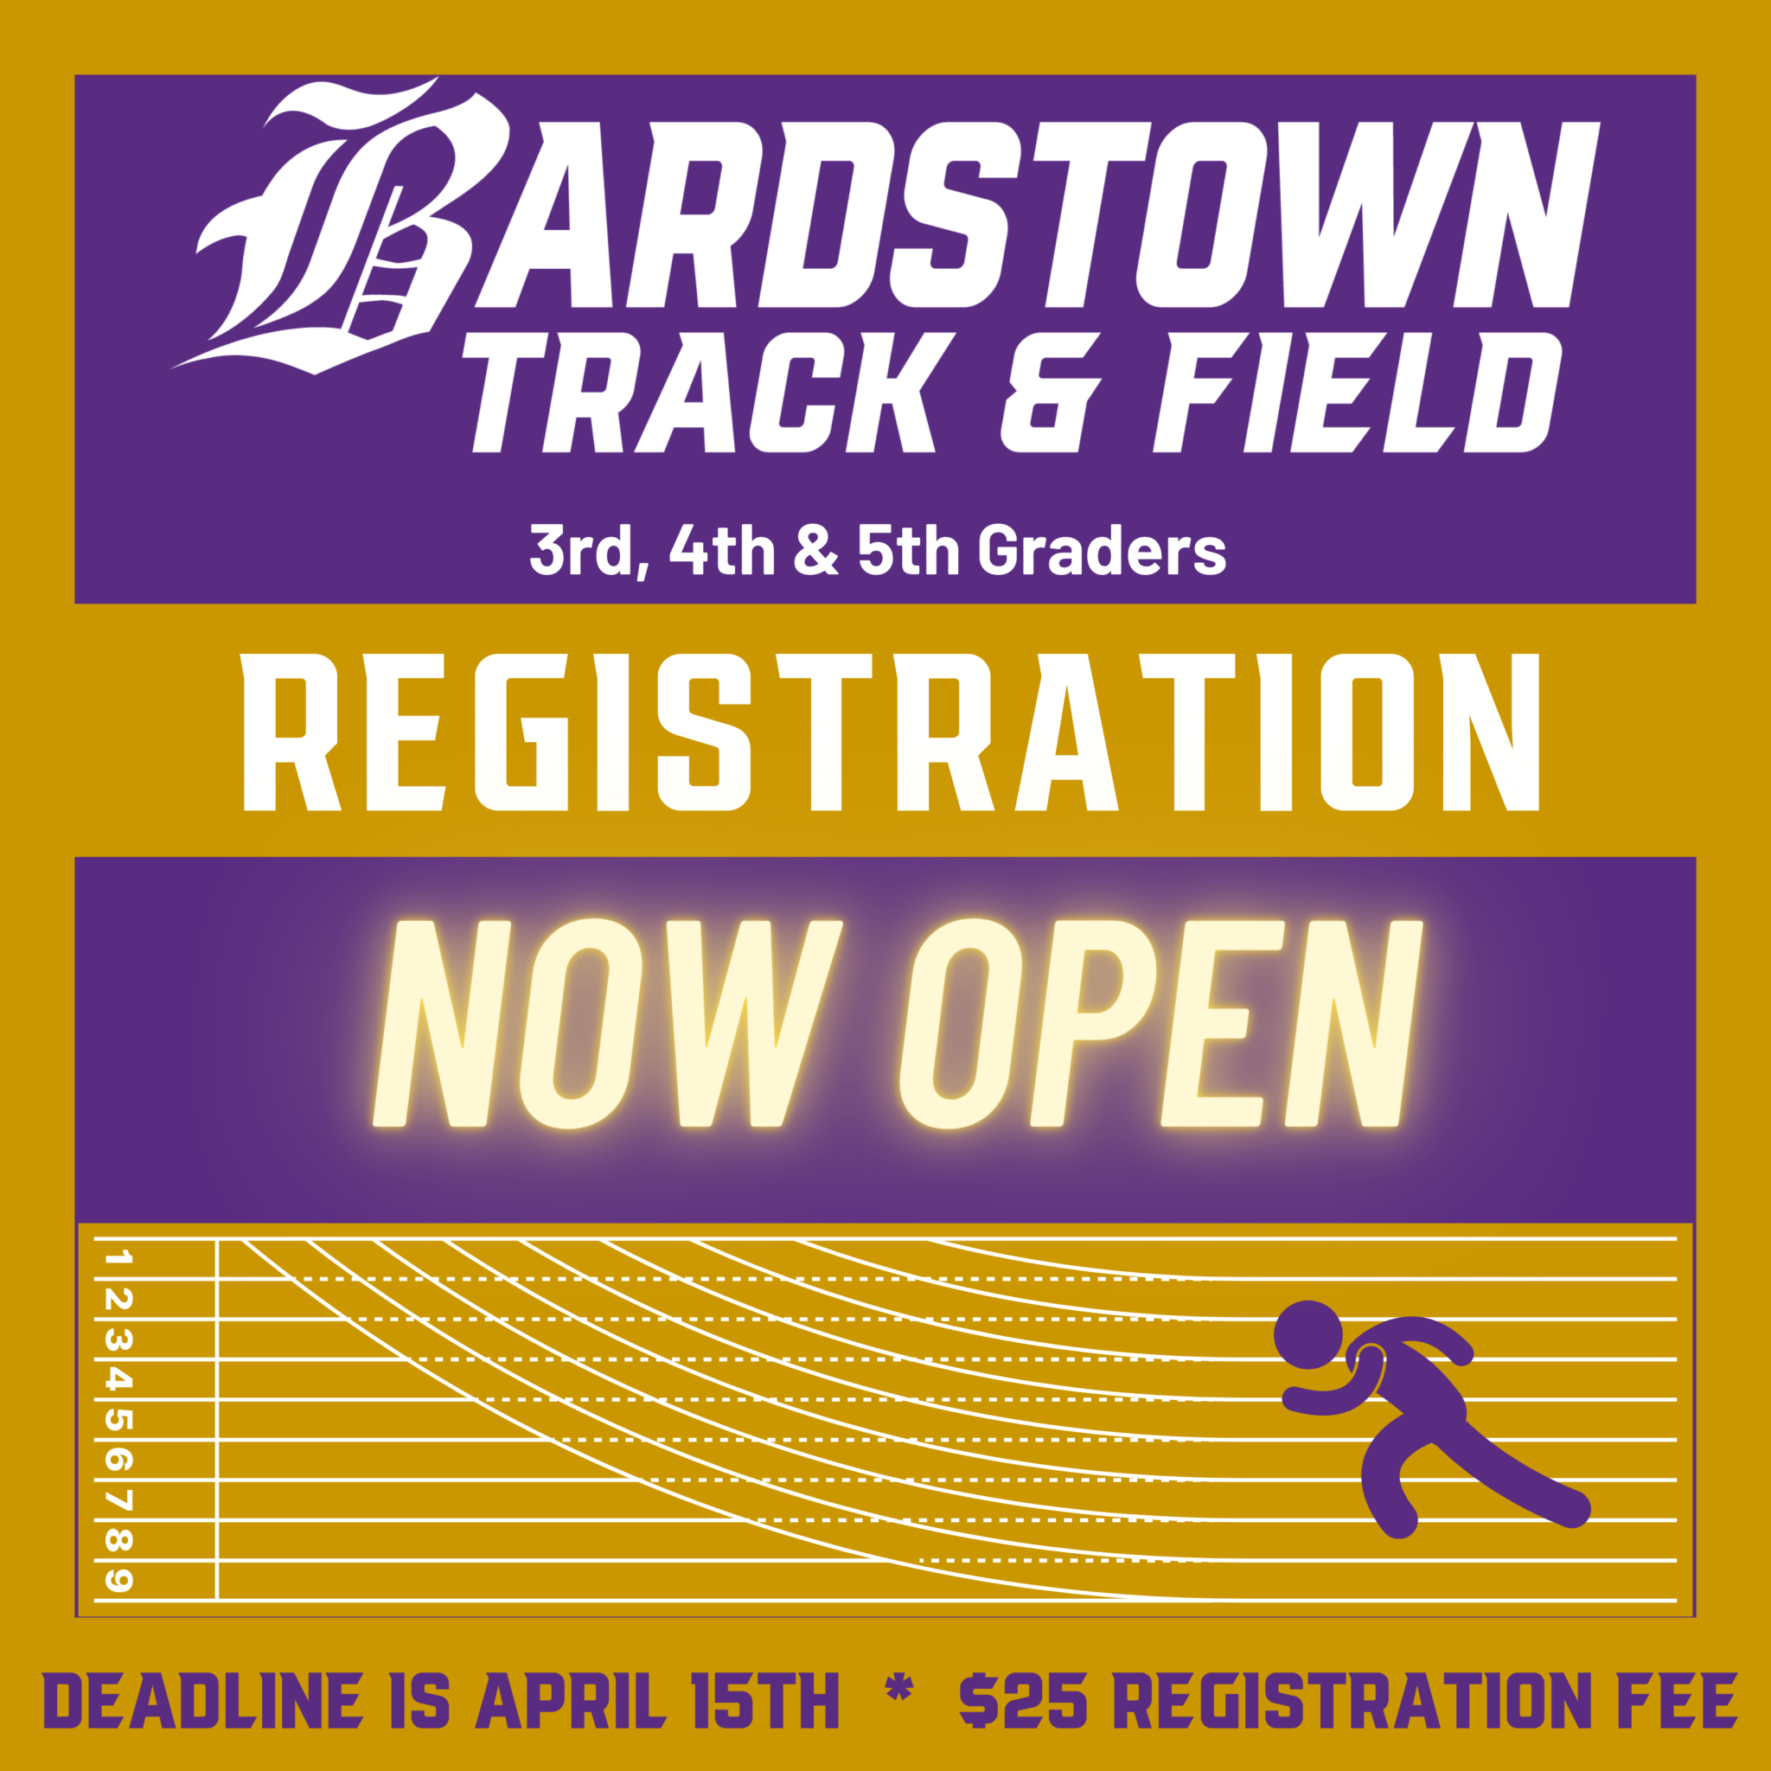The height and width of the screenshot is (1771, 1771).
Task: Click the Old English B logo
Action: (348, 229)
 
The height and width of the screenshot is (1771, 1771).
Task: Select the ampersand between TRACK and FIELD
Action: (1049, 393)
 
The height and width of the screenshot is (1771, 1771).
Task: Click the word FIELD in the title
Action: (1357, 393)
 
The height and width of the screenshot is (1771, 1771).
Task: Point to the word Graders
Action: (1102, 550)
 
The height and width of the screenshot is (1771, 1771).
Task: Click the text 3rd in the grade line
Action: (581, 550)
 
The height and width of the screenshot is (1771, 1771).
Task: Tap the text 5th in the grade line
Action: (907, 550)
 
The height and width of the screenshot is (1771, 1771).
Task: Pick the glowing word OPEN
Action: (1160, 1024)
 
